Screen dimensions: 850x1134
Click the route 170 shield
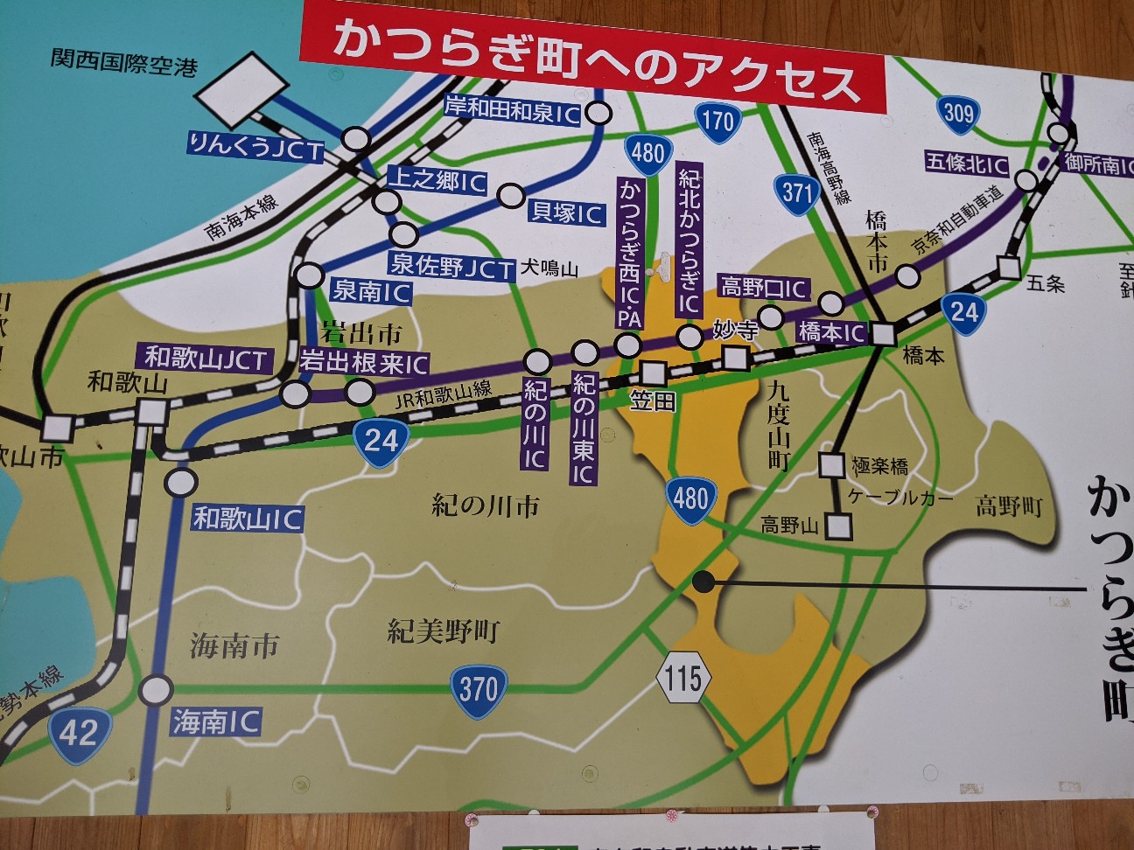click(x=717, y=120)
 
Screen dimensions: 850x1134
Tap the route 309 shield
click(x=958, y=113)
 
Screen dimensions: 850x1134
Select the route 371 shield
click(x=795, y=192)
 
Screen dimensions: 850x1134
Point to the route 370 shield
click(x=478, y=690)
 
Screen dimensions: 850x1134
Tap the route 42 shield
click(x=80, y=732)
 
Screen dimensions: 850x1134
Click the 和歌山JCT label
click(x=205, y=357)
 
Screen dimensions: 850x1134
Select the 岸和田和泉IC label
click(x=513, y=108)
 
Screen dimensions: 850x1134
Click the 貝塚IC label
click(x=566, y=212)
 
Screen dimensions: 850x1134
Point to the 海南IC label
click(x=216, y=722)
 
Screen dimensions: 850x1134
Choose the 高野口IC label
click(x=764, y=286)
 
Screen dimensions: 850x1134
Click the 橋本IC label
click(x=831, y=332)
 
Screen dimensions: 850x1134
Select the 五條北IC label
click(x=967, y=164)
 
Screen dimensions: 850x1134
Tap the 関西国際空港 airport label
click(x=123, y=63)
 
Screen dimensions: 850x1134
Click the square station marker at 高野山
click(x=838, y=526)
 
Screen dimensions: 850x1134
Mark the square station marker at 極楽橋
click(x=831, y=464)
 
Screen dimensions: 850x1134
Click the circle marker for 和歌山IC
click(x=182, y=482)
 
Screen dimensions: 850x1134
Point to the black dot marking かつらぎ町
click(x=702, y=580)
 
